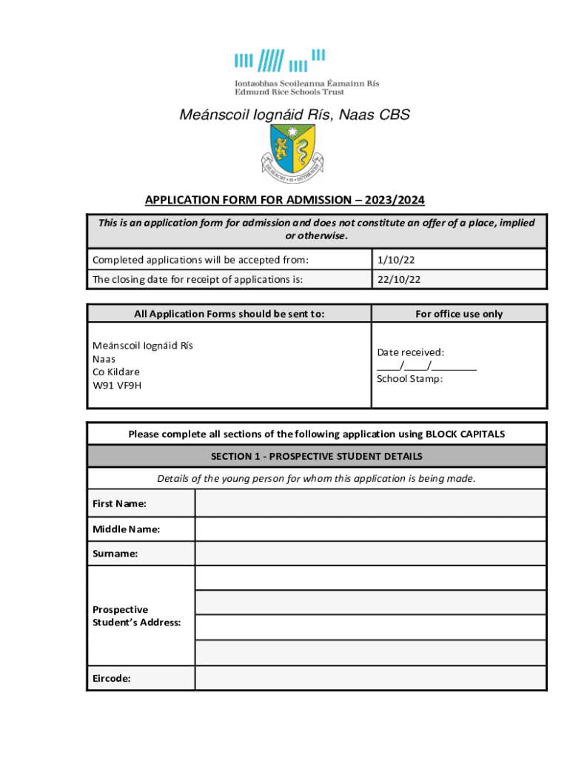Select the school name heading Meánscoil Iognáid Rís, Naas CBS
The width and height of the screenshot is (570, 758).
(295, 115)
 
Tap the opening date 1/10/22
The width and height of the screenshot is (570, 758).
(391, 259)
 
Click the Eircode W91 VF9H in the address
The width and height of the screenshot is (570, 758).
(116, 385)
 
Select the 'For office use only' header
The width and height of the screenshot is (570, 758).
(458, 314)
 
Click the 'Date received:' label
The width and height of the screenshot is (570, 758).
(410, 352)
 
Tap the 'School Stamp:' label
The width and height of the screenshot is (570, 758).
(409, 379)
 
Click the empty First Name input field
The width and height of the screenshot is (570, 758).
(370, 503)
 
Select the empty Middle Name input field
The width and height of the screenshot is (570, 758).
(370, 529)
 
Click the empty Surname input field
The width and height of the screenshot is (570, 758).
(370, 554)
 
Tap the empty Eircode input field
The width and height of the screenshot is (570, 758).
(370, 677)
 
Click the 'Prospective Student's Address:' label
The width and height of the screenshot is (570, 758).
(136, 616)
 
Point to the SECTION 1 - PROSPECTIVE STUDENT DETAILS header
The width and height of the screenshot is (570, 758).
(317, 456)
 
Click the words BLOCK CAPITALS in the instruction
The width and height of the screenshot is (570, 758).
(465, 434)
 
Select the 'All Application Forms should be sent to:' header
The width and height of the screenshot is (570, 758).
(229, 314)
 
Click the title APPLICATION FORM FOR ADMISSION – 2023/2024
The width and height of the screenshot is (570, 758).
(285, 200)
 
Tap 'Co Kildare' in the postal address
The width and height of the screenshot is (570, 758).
(115, 372)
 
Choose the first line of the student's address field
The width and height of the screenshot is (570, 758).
(370, 578)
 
